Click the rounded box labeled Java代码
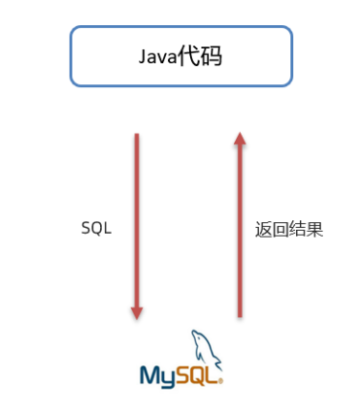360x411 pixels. coord(180,56)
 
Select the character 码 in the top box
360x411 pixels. coord(210,56)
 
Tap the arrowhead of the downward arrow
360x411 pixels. coord(137,312)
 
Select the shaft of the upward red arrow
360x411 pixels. coord(240,233)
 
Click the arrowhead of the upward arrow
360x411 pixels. coord(240,141)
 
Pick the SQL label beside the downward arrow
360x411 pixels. coord(96,230)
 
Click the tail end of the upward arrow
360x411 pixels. coord(240,314)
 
